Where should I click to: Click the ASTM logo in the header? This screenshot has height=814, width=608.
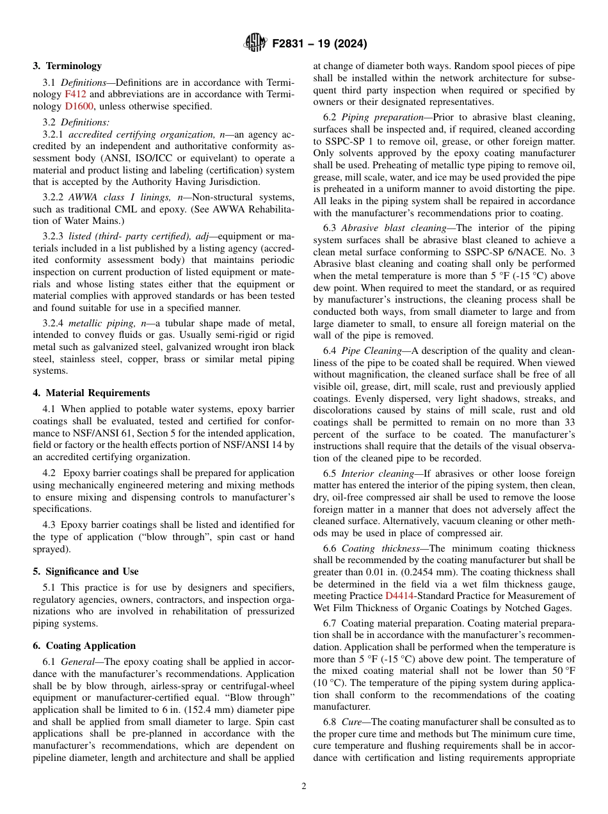coord(255,44)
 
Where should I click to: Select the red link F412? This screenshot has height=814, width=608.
coord(76,95)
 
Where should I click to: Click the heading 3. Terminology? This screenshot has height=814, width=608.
coord(67,66)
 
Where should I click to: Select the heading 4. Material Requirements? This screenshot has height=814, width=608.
coord(92,393)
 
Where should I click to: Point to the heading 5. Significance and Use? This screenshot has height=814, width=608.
coord(86,571)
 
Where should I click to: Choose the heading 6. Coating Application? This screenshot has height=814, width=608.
coord(84,646)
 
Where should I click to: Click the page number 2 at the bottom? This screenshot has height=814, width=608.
coord(304,786)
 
